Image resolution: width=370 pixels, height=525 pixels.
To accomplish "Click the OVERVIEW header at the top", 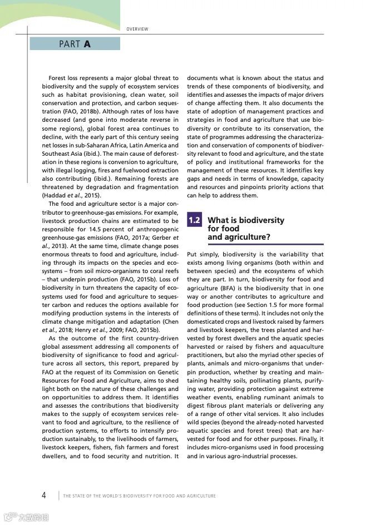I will tap(137, 29).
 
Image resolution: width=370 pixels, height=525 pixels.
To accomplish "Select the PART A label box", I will tap(75, 44).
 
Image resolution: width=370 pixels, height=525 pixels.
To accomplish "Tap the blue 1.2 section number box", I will tap(194, 221).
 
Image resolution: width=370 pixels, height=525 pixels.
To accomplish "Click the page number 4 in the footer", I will tap(44, 496).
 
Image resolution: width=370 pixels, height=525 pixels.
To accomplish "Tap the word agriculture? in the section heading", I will tap(239, 237).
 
